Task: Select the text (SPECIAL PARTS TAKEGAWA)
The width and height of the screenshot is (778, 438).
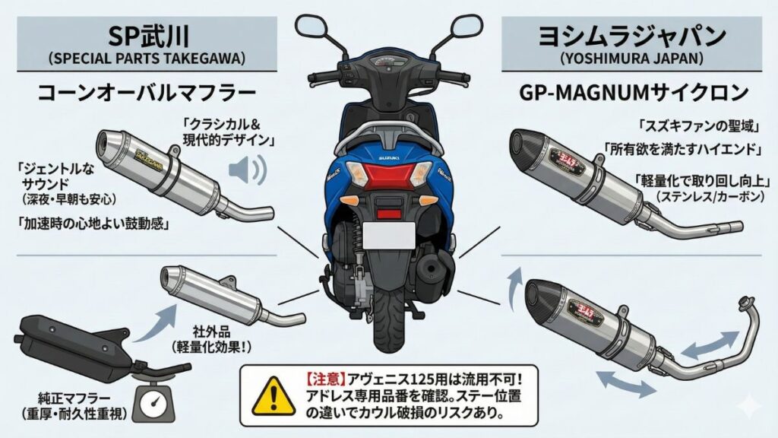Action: pos(145,58)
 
